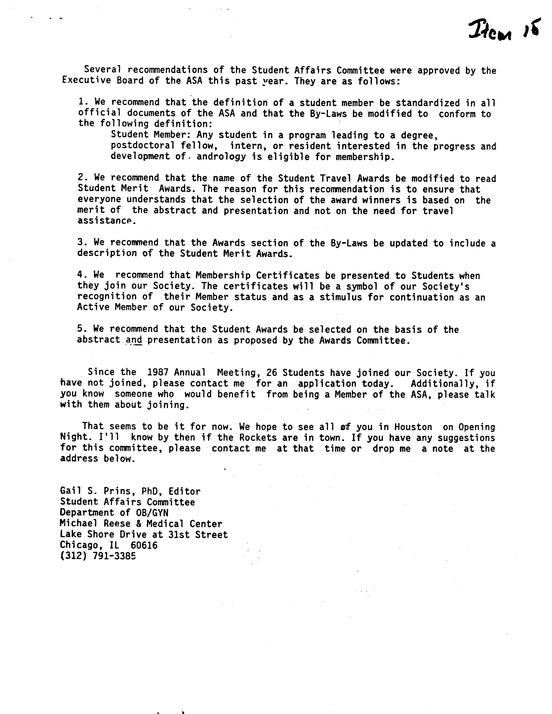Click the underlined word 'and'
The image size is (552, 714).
click(134, 340)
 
